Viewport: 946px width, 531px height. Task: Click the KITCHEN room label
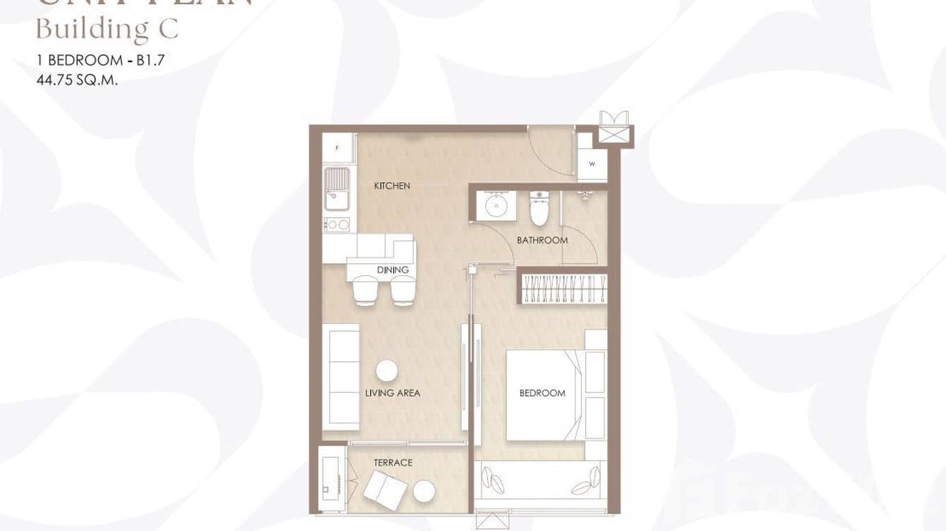click(x=391, y=186)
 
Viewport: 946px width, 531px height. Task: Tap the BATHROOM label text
click(x=542, y=240)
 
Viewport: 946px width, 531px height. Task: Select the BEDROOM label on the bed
click(x=542, y=393)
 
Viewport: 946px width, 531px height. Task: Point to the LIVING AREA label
click(x=393, y=393)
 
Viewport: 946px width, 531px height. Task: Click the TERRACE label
click(x=393, y=463)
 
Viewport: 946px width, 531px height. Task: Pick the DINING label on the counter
click(x=393, y=270)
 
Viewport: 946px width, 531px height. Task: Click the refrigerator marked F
click(x=338, y=148)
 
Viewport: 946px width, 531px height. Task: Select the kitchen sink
click(x=337, y=188)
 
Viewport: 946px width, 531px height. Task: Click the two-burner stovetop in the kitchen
click(x=337, y=225)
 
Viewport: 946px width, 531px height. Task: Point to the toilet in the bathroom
click(x=539, y=208)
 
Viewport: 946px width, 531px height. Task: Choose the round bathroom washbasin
click(x=498, y=206)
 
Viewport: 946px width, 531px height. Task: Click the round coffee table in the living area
click(x=386, y=370)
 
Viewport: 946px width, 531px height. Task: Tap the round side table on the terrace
click(x=424, y=491)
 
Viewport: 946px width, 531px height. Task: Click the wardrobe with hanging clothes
click(x=564, y=287)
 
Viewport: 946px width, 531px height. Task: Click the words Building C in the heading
click(x=106, y=30)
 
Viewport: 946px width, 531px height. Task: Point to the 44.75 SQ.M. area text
click(x=77, y=80)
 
